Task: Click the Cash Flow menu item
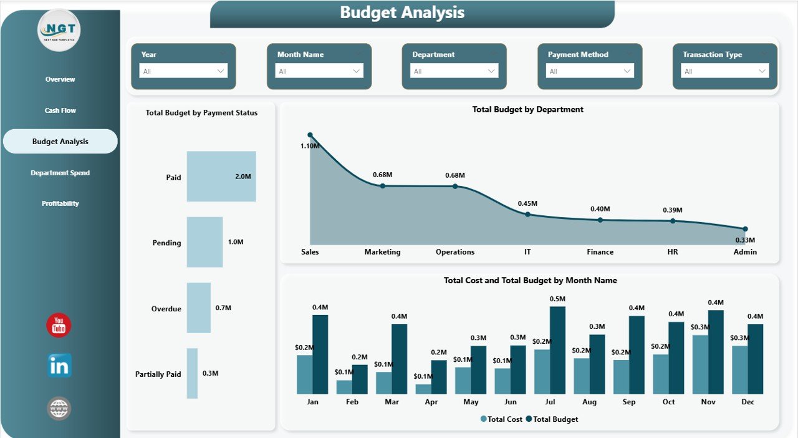60,110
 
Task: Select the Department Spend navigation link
60,173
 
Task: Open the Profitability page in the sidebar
60,203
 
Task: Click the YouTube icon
59,326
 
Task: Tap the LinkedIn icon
59,366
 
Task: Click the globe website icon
59,409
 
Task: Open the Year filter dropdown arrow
220,71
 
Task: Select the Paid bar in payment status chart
221,177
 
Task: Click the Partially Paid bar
192,373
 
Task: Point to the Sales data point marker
310,135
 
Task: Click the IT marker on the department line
527,214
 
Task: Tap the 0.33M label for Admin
745,240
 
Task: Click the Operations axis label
454,252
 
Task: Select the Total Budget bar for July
557,350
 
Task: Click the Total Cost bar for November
700,364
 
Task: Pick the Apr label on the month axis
431,402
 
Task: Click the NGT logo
59,30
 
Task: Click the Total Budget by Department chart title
527,109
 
